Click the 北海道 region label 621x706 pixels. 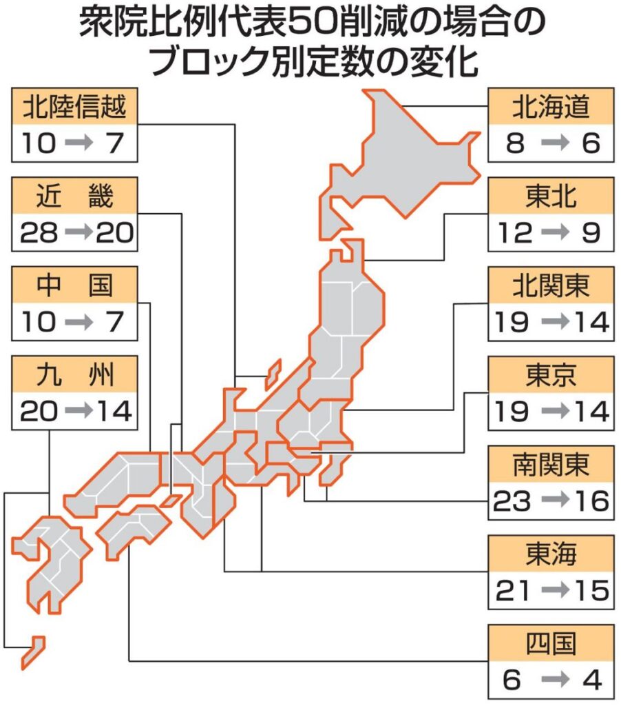click(x=550, y=107)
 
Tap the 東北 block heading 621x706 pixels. click(x=550, y=197)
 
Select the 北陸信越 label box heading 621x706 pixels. click(x=74, y=107)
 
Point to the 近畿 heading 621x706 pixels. click(x=74, y=197)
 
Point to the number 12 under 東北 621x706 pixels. click(x=513, y=234)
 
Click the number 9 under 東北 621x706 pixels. click(x=590, y=234)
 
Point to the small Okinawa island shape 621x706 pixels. click(x=33, y=652)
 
